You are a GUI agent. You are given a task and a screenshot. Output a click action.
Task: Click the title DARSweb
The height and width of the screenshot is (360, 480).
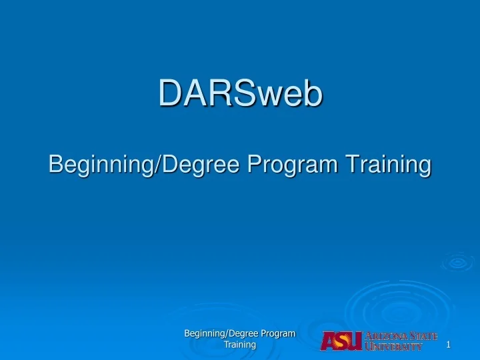[x=240, y=94]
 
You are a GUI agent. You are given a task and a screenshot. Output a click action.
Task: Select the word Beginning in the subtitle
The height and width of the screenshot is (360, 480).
[x=100, y=164]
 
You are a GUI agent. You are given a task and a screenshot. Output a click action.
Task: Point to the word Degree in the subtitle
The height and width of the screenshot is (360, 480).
[x=199, y=164]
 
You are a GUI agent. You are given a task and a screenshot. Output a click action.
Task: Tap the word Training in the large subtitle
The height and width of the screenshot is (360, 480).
[x=387, y=164]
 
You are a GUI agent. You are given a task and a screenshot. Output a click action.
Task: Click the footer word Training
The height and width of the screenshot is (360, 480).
[x=240, y=345]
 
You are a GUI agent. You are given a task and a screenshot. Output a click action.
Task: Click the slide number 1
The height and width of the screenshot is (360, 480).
[x=449, y=345]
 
